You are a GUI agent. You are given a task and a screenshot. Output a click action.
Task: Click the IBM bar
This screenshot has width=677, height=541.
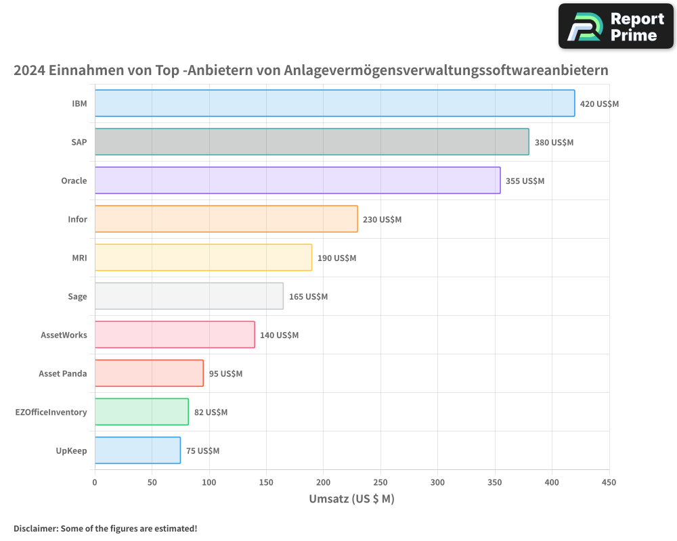click(x=334, y=103)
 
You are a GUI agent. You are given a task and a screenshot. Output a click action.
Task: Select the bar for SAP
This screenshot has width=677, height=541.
click(x=311, y=142)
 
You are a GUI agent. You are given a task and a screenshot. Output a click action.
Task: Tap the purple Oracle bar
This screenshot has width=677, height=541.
click(x=297, y=181)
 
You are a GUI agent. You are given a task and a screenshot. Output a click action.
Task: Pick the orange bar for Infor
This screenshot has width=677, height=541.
click(x=226, y=219)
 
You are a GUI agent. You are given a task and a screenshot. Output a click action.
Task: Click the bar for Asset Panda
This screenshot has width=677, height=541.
click(x=149, y=373)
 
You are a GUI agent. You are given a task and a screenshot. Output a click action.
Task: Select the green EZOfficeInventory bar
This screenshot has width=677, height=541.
click(x=141, y=412)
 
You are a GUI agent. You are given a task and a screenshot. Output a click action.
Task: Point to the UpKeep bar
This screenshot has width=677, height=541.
click(x=137, y=450)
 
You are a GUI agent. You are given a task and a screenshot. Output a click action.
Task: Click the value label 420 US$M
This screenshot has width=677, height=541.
click(x=599, y=104)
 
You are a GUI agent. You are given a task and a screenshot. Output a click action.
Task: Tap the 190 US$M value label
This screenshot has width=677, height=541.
click(x=336, y=258)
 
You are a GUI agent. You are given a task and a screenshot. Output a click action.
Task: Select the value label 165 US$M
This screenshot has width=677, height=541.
click(x=308, y=297)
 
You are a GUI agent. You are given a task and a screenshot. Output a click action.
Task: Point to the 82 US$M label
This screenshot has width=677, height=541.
click(x=211, y=413)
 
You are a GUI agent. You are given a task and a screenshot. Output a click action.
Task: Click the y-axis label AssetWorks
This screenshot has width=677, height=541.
click(x=64, y=335)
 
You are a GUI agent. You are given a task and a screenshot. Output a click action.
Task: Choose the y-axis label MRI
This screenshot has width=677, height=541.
click(x=79, y=258)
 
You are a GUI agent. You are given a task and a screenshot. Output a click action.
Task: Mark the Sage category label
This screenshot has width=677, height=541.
click(x=77, y=296)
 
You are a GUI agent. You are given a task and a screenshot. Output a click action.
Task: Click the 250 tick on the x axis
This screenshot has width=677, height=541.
click(x=380, y=482)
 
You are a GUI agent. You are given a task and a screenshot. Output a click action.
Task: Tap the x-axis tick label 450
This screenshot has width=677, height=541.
click(x=609, y=482)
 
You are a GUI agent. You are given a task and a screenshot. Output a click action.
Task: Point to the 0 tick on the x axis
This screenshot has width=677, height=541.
click(x=95, y=482)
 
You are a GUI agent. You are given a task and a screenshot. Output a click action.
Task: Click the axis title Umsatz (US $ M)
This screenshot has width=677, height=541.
click(x=351, y=499)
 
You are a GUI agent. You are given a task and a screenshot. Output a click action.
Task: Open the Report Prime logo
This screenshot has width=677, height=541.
click(x=616, y=26)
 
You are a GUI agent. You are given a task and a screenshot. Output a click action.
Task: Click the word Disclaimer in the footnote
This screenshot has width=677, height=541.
click(x=35, y=528)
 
